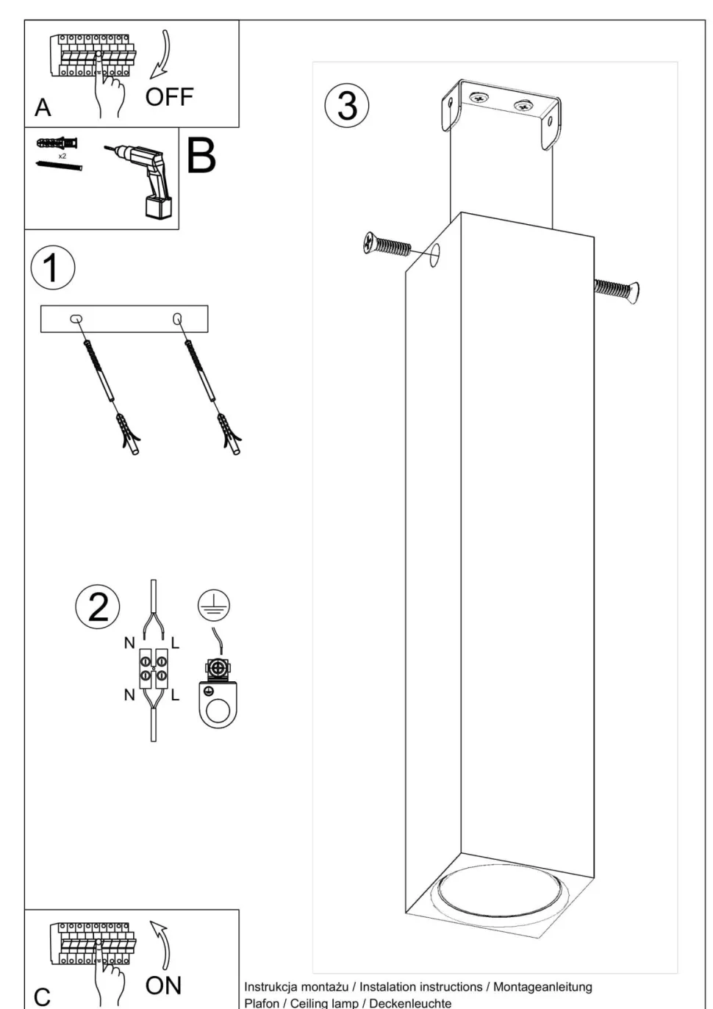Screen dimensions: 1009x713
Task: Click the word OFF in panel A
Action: (169, 97)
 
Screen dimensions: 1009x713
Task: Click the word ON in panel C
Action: (163, 985)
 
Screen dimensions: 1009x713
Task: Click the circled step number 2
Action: (98, 607)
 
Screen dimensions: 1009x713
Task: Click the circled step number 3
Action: (347, 104)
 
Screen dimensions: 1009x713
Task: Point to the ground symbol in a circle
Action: (213, 606)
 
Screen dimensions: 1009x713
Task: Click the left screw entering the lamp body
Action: (388, 245)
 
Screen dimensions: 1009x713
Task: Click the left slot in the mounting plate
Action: (76, 319)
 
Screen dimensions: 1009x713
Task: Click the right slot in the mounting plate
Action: (177, 319)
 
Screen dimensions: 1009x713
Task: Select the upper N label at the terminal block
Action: (129, 643)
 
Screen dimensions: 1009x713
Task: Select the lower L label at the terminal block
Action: (175, 694)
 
